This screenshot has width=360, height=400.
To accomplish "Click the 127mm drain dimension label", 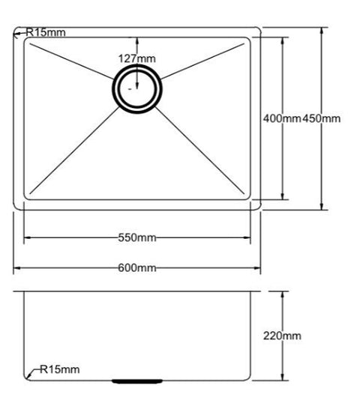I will click(136, 58).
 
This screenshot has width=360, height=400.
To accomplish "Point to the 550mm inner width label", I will click(137, 238).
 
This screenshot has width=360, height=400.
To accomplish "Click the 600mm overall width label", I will click(137, 267).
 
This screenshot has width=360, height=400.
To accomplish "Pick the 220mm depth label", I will click(282, 336).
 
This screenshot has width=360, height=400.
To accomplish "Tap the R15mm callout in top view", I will click(46, 32).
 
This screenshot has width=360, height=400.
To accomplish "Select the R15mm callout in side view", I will click(59, 369).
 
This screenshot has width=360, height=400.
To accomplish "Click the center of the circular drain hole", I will click(136, 87).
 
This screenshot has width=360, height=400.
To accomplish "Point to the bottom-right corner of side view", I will click(251, 380).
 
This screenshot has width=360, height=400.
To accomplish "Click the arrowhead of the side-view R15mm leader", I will click(28, 375).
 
